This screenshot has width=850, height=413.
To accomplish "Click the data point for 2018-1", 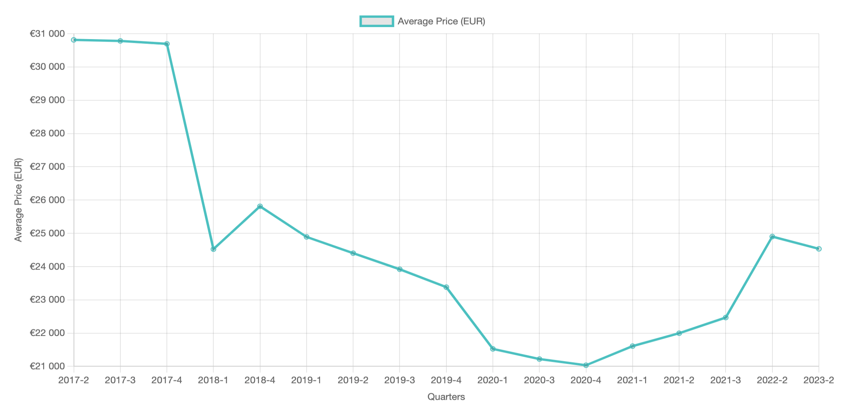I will (213, 249).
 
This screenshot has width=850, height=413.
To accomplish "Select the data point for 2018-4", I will (260, 206).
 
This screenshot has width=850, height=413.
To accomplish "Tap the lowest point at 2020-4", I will (586, 365).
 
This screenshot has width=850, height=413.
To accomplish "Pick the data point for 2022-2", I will (772, 237).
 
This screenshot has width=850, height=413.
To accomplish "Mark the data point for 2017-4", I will (167, 44).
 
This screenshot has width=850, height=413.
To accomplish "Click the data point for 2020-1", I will (493, 349).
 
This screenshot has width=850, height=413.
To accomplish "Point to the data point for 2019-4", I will (446, 287).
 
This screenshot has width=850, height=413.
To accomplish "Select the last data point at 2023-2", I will (819, 249).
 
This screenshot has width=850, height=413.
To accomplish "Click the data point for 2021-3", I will (726, 318).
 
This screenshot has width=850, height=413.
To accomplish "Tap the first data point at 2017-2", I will (74, 40).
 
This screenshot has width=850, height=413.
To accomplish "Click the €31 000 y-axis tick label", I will (47, 33).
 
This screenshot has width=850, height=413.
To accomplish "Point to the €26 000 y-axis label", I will (47, 200).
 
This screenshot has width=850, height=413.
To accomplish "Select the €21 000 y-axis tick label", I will (47, 366).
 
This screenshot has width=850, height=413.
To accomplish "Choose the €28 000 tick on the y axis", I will (47, 133).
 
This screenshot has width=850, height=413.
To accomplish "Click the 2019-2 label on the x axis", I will (353, 380).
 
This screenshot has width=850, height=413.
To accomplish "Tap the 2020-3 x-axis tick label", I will (539, 380).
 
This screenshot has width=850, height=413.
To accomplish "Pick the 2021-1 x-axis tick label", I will (632, 380).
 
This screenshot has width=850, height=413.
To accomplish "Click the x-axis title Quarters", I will (446, 397).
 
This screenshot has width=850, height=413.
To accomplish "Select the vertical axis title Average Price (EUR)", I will (19, 200).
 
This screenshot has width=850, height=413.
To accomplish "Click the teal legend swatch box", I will (377, 21).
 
